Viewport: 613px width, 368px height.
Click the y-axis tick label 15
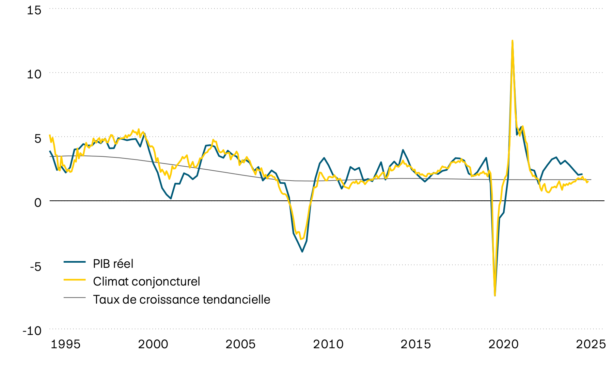(x=34, y=10)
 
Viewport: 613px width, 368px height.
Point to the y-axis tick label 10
(x=34, y=74)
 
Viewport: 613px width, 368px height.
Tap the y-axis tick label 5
(x=37, y=138)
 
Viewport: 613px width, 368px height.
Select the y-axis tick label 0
(x=37, y=202)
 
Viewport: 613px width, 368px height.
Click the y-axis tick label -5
(x=35, y=266)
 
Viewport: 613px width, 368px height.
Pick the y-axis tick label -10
(x=32, y=330)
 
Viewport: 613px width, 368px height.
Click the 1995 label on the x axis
(x=65, y=344)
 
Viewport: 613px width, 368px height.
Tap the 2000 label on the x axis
(x=153, y=344)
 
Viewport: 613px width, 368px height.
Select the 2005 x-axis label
(x=240, y=344)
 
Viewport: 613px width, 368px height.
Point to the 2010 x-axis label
(x=328, y=344)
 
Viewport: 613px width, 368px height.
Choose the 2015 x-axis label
(x=415, y=344)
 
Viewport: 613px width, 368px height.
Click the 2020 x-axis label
(x=503, y=344)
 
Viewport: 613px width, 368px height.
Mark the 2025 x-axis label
(x=591, y=344)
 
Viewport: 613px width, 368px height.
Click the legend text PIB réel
(x=113, y=264)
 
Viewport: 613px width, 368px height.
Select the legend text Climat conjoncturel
(x=146, y=281)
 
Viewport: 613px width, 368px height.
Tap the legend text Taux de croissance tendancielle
(x=182, y=300)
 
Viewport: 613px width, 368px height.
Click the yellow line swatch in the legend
(x=75, y=279)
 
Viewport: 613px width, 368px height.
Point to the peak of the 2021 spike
(x=512, y=41)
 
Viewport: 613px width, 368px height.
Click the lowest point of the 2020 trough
(x=495, y=295)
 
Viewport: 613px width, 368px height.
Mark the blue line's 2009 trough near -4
(x=302, y=252)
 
